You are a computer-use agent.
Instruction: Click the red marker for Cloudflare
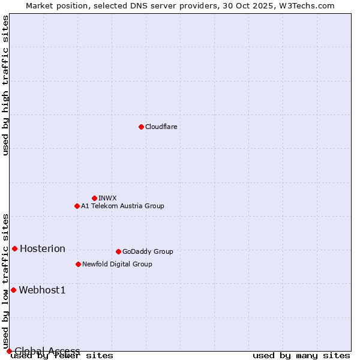(141, 127)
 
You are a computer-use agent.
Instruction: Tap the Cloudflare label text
(161, 127)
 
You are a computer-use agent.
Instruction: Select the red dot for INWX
(94, 198)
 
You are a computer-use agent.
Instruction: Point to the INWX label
(107, 198)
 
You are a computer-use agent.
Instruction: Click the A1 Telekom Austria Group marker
(77, 206)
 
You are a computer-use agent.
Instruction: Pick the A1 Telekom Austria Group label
(122, 206)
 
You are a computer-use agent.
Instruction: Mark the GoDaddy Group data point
(118, 251)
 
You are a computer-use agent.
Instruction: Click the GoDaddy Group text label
(148, 251)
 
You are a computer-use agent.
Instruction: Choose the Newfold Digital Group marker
(78, 264)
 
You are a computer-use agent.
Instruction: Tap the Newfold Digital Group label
(117, 264)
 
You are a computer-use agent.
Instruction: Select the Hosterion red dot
(15, 248)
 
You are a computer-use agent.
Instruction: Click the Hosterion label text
(43, 249)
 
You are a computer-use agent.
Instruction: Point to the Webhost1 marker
(13, 290)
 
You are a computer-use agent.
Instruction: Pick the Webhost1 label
(42, 290)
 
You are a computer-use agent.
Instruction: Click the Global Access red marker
(9, 351)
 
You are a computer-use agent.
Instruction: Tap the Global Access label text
(47, 351)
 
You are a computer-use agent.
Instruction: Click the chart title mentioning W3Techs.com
(180, 5)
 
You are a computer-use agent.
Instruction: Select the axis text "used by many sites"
(301, 356)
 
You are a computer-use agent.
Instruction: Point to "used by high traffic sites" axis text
(5, 86)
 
